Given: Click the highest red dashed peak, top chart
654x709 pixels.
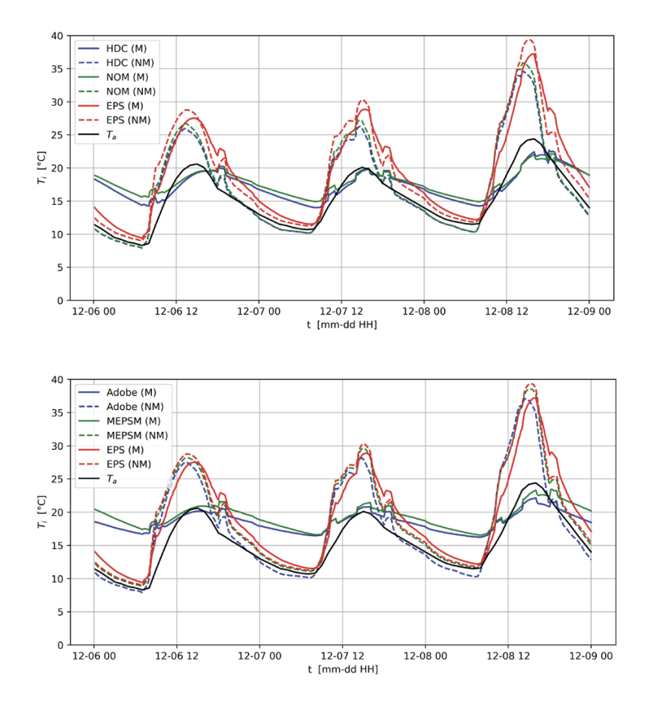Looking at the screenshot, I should click(529, 40).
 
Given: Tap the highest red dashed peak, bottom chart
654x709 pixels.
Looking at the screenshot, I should click(529, 384).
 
